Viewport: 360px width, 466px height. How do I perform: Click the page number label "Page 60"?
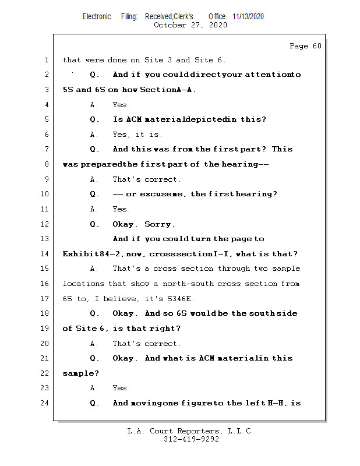(x=305, y=46)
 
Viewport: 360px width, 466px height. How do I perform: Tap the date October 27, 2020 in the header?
(x=190, y=25)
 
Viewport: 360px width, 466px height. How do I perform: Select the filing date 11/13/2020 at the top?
(x=248, y=17)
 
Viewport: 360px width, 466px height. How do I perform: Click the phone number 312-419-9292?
(x=191, y=439)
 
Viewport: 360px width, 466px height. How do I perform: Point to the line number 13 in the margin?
(x=46, y=239)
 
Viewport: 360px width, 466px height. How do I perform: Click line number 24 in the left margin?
(x=46, y=403)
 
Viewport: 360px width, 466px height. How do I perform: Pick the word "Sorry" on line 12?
(x=158, y=224)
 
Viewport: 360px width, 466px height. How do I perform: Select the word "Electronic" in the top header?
(x=97, y=17)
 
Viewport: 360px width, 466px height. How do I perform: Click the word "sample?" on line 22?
(x=77, y=373)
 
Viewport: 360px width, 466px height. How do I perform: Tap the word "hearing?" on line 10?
(x=256, y=194)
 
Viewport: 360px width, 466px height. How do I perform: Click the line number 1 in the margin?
(x=46, y=60)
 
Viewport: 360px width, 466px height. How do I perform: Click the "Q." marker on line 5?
(x=94, y=119)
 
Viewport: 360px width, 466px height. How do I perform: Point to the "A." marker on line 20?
(x=94, y=344)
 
